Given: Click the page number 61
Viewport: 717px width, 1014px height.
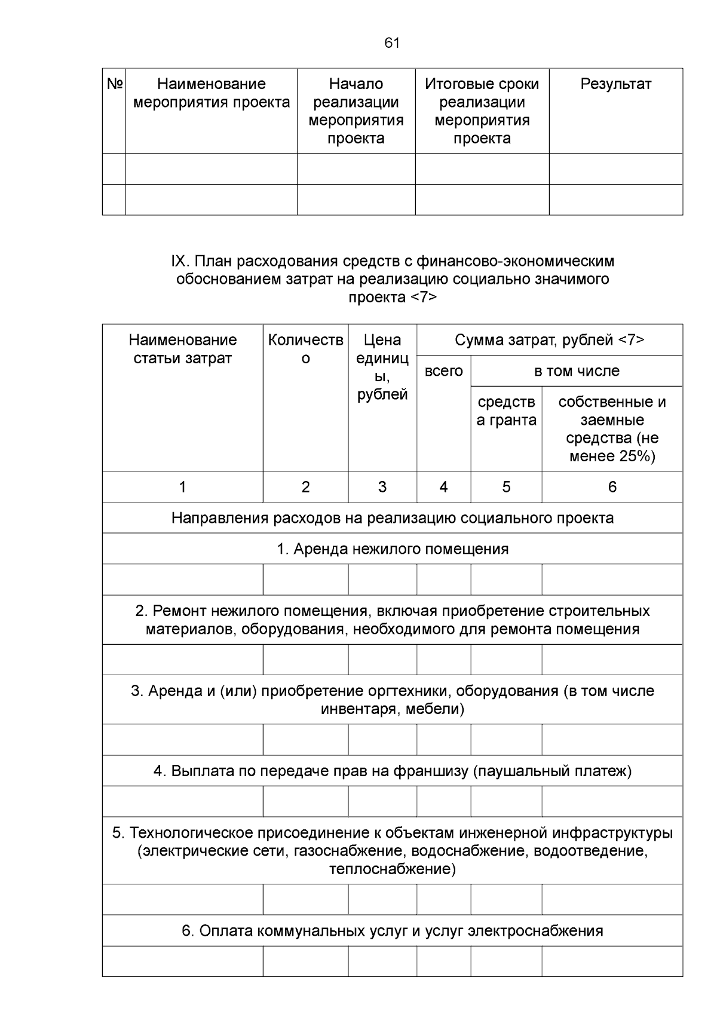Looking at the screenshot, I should [392, 43].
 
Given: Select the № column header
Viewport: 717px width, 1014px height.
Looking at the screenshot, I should [114, 84].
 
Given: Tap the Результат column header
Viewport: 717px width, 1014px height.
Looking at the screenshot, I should [615, 84].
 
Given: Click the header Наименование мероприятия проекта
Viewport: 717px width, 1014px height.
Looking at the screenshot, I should [212, 93].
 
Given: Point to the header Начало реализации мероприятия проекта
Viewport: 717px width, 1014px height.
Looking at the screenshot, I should [356, 111].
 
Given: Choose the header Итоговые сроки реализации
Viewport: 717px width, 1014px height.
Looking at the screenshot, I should [482, 111].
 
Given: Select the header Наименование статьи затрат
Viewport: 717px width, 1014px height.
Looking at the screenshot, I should [183, 349].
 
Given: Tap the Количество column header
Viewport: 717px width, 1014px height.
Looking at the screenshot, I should [305, 349].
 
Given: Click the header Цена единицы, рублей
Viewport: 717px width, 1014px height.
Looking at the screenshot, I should [382, 367].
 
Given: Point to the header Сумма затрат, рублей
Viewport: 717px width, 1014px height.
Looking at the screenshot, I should [549, 340].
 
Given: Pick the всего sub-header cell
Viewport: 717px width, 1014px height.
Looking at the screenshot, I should [443, 371].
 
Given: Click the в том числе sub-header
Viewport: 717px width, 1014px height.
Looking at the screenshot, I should [577, 371].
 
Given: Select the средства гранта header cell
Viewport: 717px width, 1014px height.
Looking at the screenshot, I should [506, 411].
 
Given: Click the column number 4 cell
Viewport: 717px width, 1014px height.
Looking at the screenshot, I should [443, 487].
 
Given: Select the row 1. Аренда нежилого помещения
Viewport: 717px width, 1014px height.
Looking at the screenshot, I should [392, 549].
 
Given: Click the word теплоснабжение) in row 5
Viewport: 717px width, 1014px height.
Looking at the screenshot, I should [393, 869].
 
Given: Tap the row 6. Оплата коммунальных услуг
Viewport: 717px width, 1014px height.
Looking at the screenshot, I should [392, 931].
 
